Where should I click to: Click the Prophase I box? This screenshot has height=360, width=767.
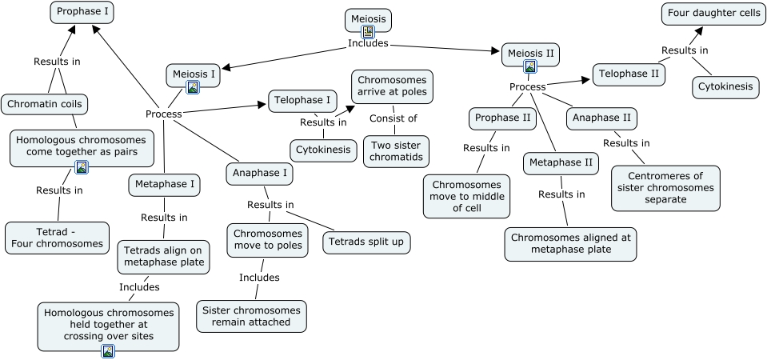coord(82,12)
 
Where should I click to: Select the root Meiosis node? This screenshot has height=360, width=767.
coord(368,18)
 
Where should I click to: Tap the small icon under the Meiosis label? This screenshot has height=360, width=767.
coord(368,32)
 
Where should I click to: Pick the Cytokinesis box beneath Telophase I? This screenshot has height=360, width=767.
coord(324,150)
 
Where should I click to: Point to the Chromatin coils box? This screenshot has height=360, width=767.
coord(44,104)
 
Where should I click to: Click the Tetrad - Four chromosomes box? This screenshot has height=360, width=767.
coord(57,238)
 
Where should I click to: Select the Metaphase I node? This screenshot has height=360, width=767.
coord(164,185)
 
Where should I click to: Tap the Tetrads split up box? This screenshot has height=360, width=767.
coord(367,242)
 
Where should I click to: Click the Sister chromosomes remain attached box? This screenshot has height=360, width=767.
coord(251,316)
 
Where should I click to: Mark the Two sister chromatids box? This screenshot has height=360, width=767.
coord(395,151)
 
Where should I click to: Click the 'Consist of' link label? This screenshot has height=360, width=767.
coord(393,119)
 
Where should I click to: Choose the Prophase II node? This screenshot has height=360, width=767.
coord(502,118)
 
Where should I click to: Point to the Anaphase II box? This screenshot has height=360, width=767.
coord(602,118)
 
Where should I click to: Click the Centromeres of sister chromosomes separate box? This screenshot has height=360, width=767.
coord(665,188)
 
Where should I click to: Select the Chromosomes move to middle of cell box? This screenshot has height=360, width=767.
coord(465,196)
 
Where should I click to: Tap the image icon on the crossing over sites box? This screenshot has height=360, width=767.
coord(108,350)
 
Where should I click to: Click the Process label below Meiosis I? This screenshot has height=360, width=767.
coord(163,114)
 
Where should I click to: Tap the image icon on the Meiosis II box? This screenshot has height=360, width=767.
coord(529,66)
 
